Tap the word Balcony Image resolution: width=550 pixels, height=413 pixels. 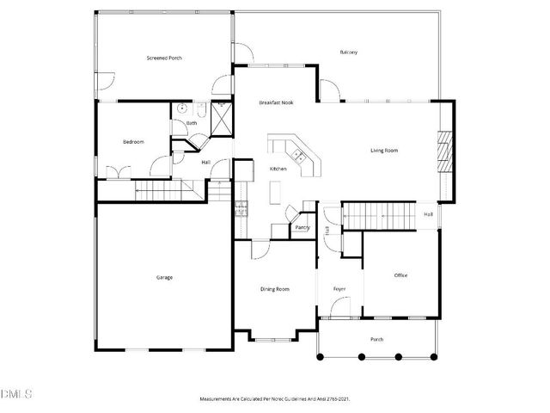[348, 52]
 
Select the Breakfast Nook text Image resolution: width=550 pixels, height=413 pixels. [277, 103]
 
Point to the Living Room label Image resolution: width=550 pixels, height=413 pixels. [384, 151]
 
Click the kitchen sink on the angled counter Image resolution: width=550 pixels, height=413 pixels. [298, 155]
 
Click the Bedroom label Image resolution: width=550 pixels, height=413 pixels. [132, 141]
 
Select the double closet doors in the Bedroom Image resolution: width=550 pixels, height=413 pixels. [117, 170]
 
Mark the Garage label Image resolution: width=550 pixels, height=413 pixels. [163, 277]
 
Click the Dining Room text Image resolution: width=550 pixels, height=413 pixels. [275, 289]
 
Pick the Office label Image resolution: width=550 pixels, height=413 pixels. [400, 275]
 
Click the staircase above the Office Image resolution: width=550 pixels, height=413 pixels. [378, 215]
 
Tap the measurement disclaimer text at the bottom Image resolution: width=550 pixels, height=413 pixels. [274, 399]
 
